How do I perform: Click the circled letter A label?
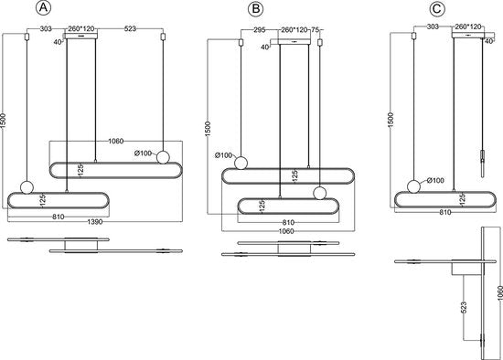[43, 7]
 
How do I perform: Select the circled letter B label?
[256, 8]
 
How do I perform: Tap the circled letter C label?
[436, 8]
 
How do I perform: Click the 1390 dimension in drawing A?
[95, 221]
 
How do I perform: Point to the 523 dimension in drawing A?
[130, 28]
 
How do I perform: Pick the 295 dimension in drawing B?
[259, 30]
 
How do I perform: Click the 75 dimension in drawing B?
[315, 30]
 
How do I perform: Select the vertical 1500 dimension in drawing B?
[208, 129]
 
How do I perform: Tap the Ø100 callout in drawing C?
[435, 180]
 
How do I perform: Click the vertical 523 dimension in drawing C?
[464, 307]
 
